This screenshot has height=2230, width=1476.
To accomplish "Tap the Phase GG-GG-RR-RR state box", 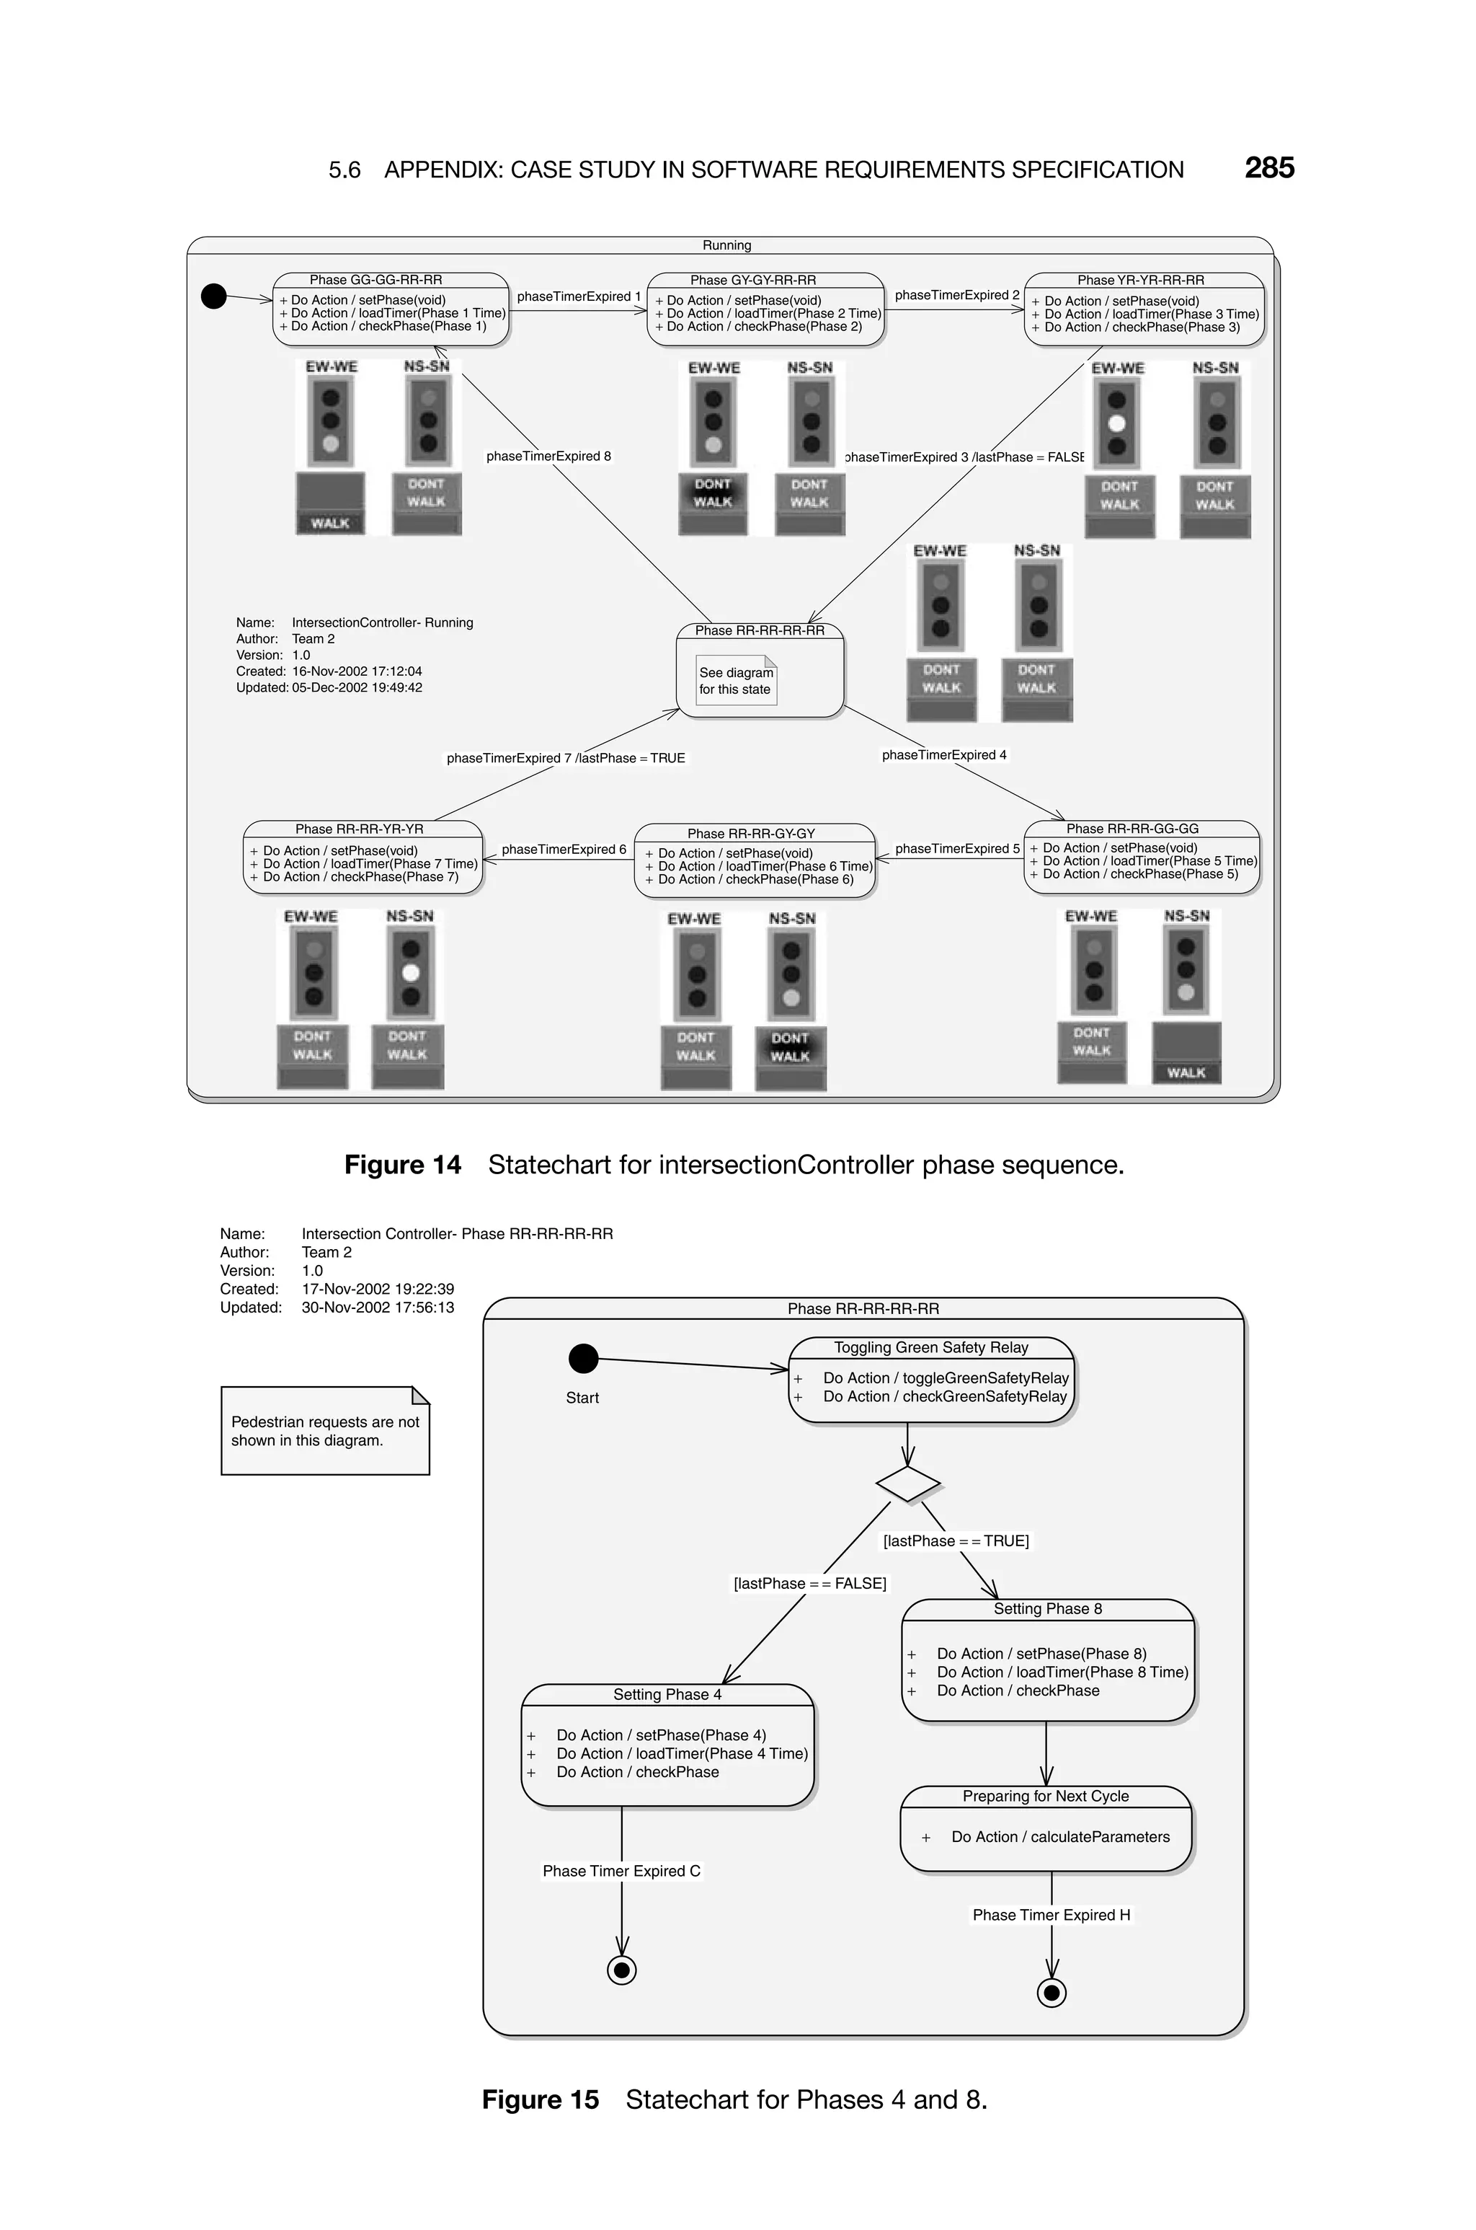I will coord(391,309).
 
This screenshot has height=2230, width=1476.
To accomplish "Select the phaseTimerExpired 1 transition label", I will coord(578,296).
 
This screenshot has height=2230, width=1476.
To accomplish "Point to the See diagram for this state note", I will coord(736,681).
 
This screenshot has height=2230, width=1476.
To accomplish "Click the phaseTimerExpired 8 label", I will coord(548,457).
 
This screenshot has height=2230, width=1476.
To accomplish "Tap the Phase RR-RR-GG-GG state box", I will coord(1141,856).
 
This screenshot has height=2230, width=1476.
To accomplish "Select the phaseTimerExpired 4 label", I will coord(943,755).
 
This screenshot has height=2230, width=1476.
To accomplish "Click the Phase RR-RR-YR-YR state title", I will coord(360,829).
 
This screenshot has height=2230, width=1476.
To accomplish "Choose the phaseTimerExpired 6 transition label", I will coord(563,850).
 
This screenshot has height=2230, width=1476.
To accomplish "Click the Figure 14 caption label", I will coord(403,1165).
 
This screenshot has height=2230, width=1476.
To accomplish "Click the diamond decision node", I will coord(907,1484).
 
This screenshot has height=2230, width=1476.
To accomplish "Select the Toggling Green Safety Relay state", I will coord(931,1379).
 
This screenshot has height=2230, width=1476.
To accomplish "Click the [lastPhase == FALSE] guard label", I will coord(809,1584).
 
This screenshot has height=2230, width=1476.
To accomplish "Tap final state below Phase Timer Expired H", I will coord(1052,1993).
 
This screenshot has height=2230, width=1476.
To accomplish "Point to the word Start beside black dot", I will coord(582,1398).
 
